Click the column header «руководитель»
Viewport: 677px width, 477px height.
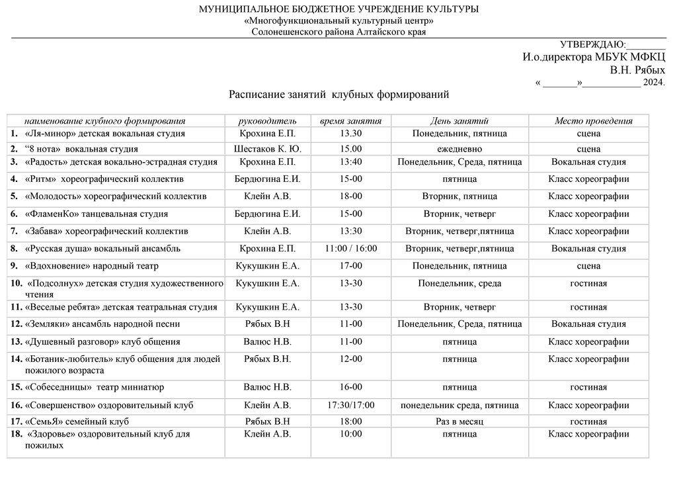(267, 121)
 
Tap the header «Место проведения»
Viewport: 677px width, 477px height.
(593, 121)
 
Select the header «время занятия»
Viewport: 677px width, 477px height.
(350, 121)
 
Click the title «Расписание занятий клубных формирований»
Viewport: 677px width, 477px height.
(338, 95)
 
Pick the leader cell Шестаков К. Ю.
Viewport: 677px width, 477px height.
(267, 149)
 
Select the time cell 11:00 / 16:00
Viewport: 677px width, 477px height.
(350, 249)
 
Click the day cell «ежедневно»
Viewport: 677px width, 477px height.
(459, 149)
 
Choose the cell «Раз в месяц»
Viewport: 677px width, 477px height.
(459, 421)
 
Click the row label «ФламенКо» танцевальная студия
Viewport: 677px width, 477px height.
(96, 214)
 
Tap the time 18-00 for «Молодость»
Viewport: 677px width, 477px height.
(350, 196)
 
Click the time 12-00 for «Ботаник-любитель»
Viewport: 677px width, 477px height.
(350, 359)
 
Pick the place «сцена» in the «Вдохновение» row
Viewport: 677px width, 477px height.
(588, 266)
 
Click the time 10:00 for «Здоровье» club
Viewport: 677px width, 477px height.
(350, 434)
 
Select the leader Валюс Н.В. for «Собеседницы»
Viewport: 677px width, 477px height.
(267, 387)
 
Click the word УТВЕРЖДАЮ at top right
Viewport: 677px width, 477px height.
(592, 45)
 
